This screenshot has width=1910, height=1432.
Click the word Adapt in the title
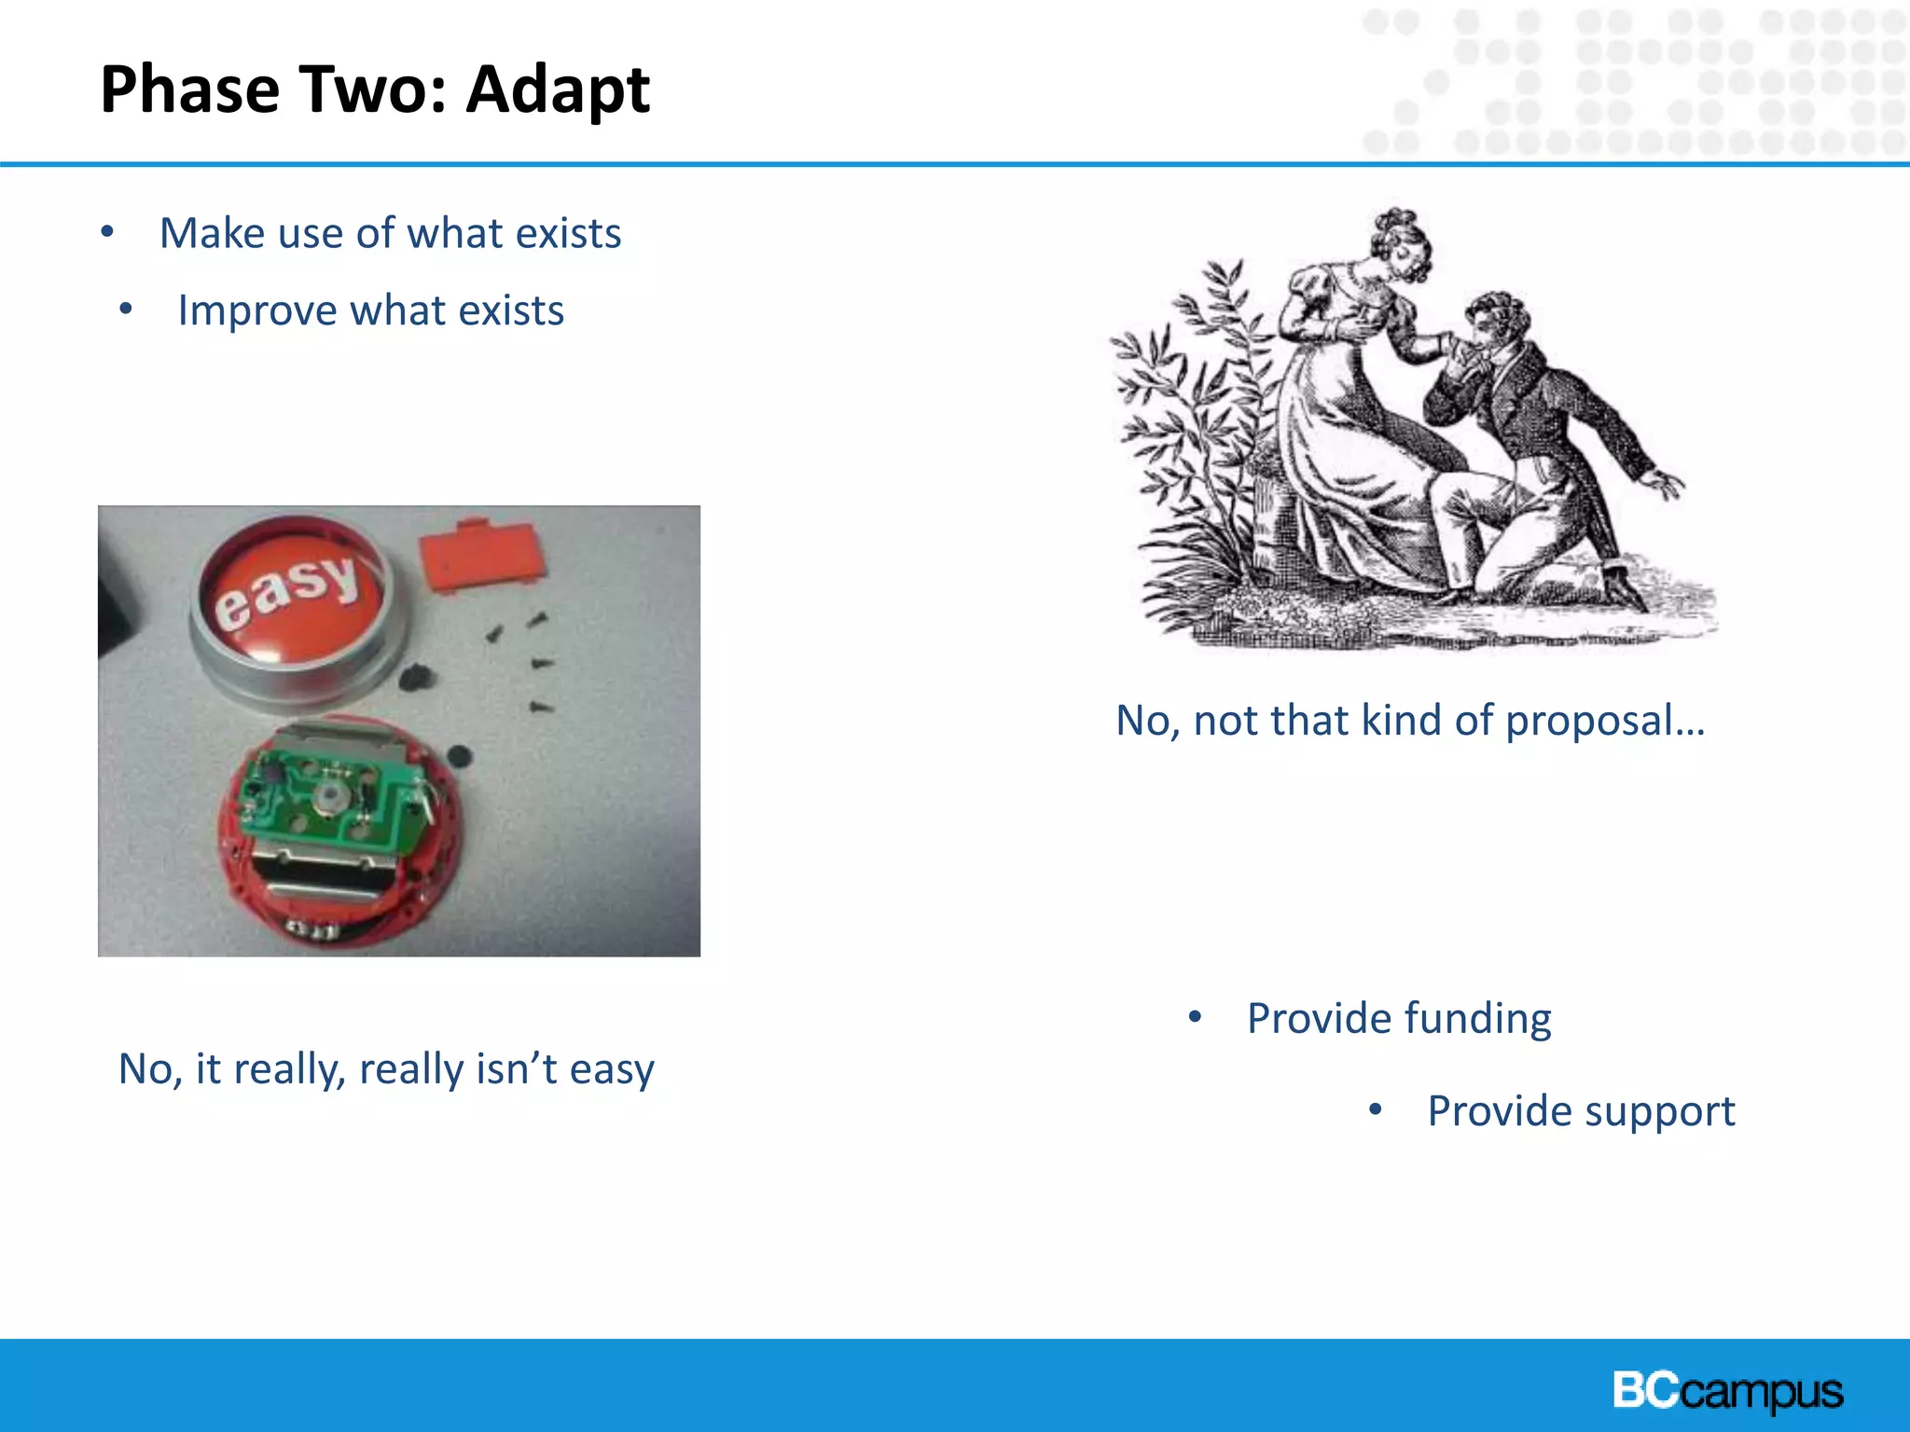[x=558, y=90]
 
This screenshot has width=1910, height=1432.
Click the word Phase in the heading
[x=189, y=90]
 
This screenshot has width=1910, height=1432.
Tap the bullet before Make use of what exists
[x=107, y=231]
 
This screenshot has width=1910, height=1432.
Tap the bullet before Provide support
[x=1375, y=1109]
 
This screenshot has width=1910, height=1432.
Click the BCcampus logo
[x=1727, y=1391]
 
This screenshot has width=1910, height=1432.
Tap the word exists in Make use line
[x=568, y=233]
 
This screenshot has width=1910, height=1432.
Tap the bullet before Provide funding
[x=1195, y=1017]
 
